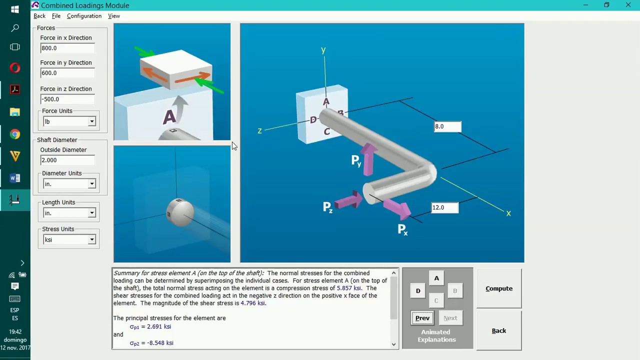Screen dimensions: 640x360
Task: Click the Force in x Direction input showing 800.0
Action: (x=67, y=48)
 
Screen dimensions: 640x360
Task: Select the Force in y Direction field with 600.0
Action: (x=67, y=73)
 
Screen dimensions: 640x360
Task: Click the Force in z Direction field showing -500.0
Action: (x=67, y=99)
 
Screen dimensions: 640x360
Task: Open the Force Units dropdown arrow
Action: (x=91, y=121)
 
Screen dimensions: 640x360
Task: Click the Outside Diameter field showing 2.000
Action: (x=67, y=160)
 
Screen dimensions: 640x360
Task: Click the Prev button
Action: (x=422, y=318)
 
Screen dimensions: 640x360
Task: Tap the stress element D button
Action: (x=418, y=291)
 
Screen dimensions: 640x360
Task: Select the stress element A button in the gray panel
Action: (x=436, y=278)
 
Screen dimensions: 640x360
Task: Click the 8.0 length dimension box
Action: (x=447, y=126)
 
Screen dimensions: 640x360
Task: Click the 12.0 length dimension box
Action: (x=445, y=207)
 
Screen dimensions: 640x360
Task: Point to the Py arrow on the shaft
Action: (x=369, y=159)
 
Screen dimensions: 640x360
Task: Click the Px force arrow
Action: (x=397, y=208)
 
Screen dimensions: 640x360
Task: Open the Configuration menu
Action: (x=84, y=16)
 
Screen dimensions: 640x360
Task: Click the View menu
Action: (x=114, y=16)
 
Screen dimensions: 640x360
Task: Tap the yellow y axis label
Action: (x=323, y=50)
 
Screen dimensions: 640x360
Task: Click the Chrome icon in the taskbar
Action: (x=15, y=134)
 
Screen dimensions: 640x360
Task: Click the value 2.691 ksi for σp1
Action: (x=159, y=326)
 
